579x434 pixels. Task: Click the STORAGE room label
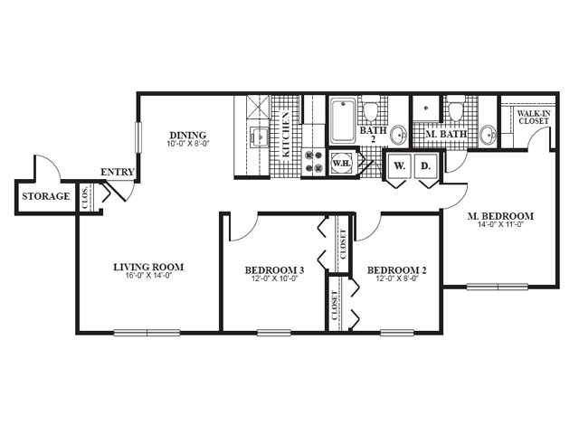[x=46, y=197]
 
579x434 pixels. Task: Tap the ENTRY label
[x=118, y=173]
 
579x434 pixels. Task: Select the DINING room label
[x=187, y=136]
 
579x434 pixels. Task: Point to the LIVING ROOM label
[x=148, y=267]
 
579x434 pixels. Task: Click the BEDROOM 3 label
[x=274, y=270]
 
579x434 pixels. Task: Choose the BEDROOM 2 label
[x=395, y=270]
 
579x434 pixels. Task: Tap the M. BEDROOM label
[x=500, y=217]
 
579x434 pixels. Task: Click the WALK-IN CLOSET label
[x=533, y=118]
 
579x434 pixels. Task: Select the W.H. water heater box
[x=342, y=164]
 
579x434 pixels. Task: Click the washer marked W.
[x=399, y=166]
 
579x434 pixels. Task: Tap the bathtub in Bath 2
[x=343, y=122]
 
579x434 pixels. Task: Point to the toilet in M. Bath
[x=456, y=110]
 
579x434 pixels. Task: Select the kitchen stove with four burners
[x=313, y=162]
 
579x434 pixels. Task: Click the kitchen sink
[x=257, y=138]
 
